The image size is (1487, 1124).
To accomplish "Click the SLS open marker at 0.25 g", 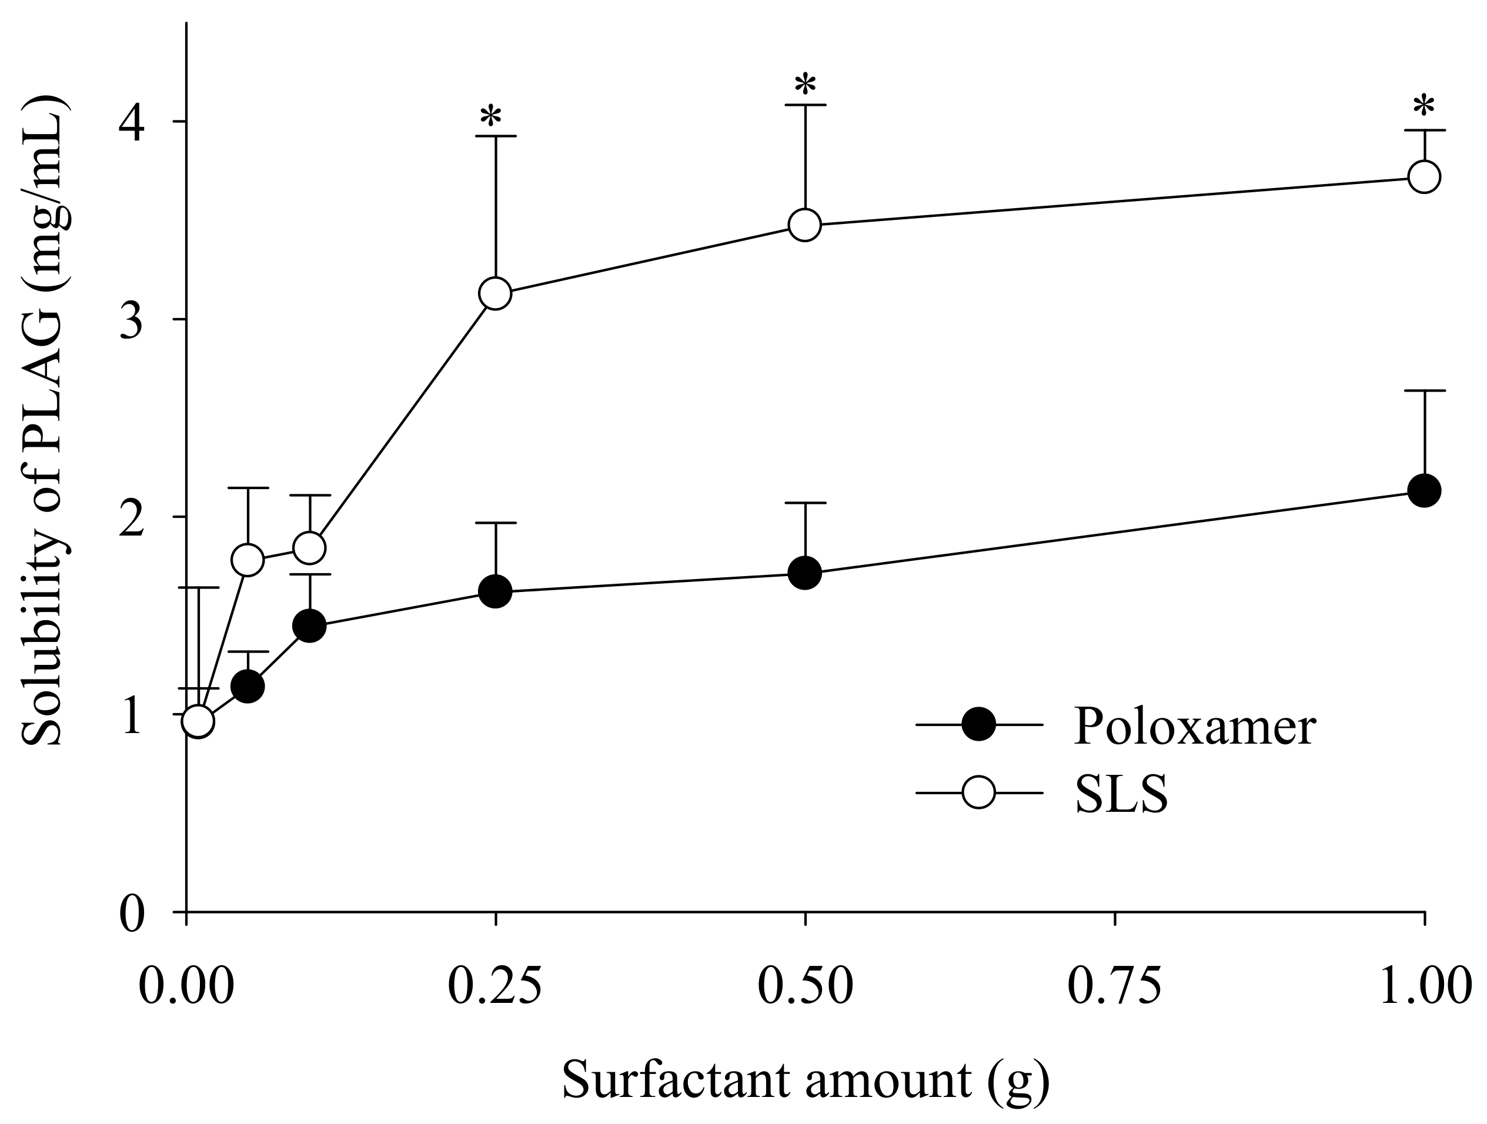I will click(x=496, y=294).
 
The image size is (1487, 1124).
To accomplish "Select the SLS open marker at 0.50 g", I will click(x=805, y=225).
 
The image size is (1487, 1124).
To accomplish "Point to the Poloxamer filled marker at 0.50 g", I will click(x=805, y=573).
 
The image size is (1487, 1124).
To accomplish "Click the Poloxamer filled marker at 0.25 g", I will click(x=496, y=591).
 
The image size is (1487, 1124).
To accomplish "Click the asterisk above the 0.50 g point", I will click(x=805, y=86).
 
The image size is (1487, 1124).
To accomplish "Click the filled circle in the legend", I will click(x=978, y=725).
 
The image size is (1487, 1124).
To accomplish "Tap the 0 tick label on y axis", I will click(x=132, y=914).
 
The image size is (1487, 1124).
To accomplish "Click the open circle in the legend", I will click(x=978, y=792).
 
